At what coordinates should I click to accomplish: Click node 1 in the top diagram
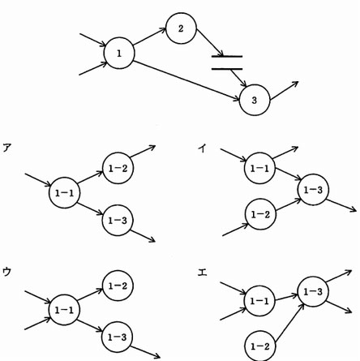[x=119, y=54]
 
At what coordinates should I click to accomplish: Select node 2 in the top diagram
[x=181, y=28]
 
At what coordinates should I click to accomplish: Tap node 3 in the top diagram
[x=255, y=100]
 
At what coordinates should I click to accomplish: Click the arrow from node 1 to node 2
[x=149, y=36]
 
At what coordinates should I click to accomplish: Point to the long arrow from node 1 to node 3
[x=186, y=81]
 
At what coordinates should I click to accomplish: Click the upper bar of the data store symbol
[x=227, y=57]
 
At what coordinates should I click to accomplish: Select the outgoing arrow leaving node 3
[x=284, y=91]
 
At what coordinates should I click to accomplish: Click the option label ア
[x=6, y=148]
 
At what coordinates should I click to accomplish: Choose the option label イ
[x=202, y=148]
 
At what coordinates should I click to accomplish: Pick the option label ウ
[x=6, y=272]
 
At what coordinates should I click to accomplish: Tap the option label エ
[x=202, y=272]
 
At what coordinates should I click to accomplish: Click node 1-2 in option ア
[x=118, y=168]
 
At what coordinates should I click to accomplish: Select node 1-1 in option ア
[x=64, y=192]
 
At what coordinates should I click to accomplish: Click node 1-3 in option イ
[x=313, y=190]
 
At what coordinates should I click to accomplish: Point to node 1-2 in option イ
[x=260, y=214]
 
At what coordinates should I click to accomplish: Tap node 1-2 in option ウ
[x=118, y=286]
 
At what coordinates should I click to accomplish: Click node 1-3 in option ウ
[x=118, y=337]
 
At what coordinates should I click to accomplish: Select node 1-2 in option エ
[x=260, y=346]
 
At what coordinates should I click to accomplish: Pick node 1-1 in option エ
[x=259, y=301]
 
